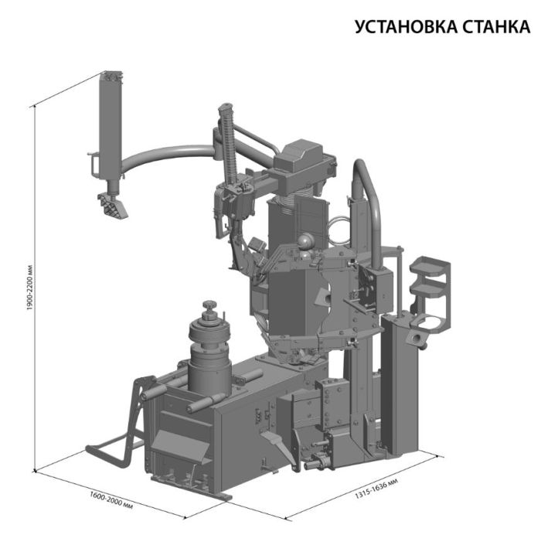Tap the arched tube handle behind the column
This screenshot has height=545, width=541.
point(366,193)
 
